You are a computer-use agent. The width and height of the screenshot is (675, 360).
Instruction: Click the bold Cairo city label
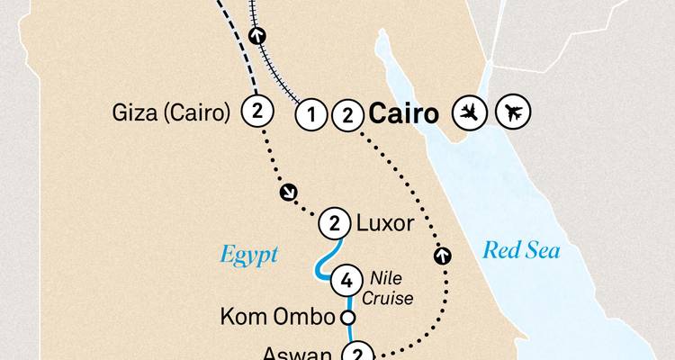[x=404, y=114]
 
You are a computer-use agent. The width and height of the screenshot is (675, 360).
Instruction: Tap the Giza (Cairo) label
[x=170, y=113]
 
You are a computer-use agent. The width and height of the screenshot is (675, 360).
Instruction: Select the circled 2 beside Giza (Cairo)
[x=257, y=112]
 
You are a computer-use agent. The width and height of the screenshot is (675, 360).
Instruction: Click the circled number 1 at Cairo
[x=311, y=114]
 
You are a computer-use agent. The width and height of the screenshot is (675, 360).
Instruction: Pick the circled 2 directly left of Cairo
[x=346, y=114]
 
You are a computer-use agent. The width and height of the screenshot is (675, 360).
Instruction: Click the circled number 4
[x=346, y=280]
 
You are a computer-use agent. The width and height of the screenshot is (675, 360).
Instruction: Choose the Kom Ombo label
[x=277, y=318]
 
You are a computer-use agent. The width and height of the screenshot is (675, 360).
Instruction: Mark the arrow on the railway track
[x=259, y=37]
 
